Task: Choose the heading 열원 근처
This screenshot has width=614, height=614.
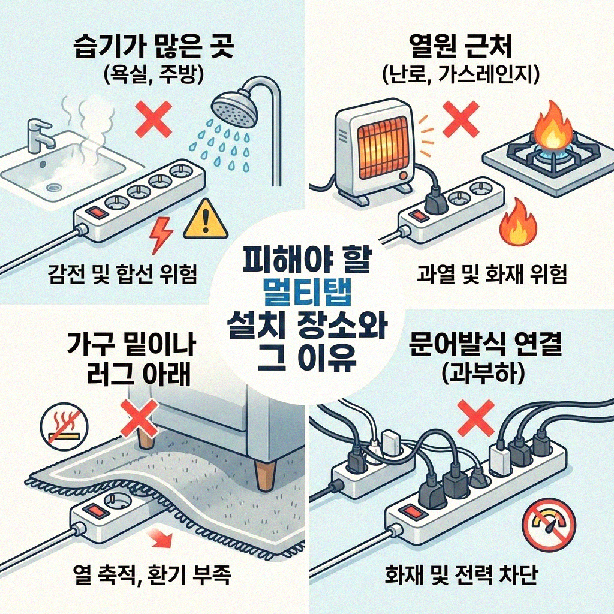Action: (460, 47)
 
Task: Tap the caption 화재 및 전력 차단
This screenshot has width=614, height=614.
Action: (460, 576)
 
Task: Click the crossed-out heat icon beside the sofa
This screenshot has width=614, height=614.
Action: (59, 428)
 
